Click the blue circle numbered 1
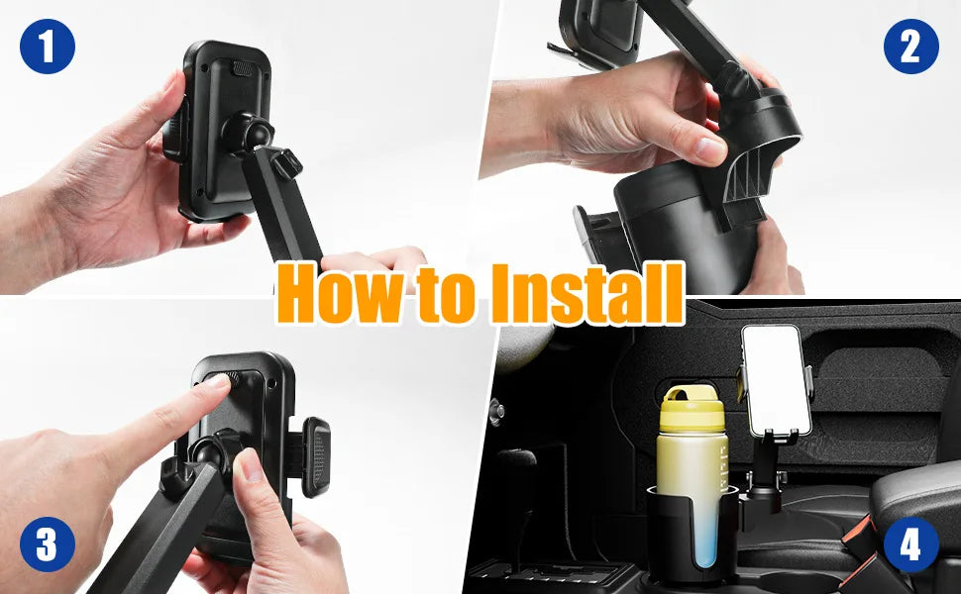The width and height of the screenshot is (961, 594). pos(47,46)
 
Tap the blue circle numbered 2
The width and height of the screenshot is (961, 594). pos(910,46)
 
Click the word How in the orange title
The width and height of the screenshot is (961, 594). pos(332,294)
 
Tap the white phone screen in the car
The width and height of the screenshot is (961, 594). pos(776,379)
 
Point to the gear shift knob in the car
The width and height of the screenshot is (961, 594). pos(517,465)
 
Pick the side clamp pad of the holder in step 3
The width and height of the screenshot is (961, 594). pos(315,454)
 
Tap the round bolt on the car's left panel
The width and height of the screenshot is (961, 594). pos(495,409)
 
